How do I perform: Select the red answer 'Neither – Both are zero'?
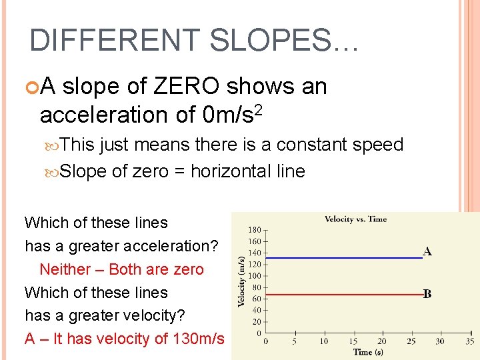point(121,269)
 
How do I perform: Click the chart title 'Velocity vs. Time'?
point(355,219)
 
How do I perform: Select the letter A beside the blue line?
point(427,251)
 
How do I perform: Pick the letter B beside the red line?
point(427,294)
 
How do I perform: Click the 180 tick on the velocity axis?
point(254,230)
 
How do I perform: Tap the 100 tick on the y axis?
point(254,276)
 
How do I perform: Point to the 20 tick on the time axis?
point(382,341)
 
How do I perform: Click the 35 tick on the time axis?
point(469,341)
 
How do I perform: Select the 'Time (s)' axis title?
point(368,352)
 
